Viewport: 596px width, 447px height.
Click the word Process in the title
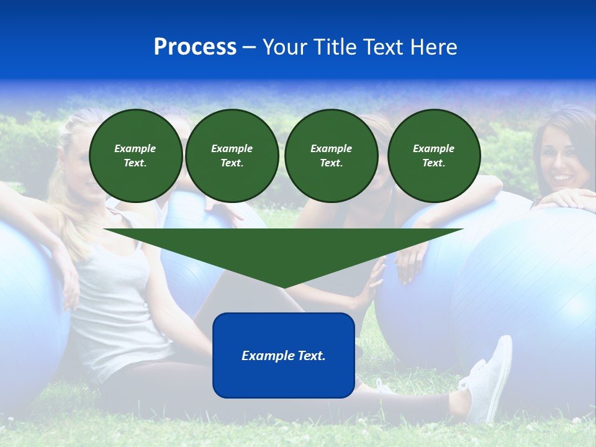pyautogui.click(x=195, y=47)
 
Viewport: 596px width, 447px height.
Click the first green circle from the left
pyautogui.click(x=135, y=156)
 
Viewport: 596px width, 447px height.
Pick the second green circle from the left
pyautogui.click(x=232, y=156)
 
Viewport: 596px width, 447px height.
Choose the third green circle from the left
pyautogui.click(x=331, y=156)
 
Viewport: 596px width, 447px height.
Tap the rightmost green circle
pyautogui.click(x=433, y=156)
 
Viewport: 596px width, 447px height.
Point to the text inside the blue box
pyautogui.click(x=284, y=356)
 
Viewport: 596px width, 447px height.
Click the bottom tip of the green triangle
pyautogui.click(x=284, y=287)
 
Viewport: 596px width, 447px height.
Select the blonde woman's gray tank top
pyautogui.click(x=118, y=304)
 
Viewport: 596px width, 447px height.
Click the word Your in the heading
pyautogui.click(x=285, y=47)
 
